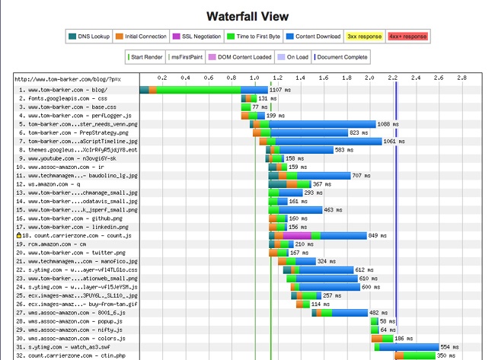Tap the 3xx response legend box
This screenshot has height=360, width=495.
pyautogui.click(x=364, y=35)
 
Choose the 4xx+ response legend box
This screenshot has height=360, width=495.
pyautogui.click(x=407, y=35)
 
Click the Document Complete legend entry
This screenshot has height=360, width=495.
pyautogui.click(x=340, y=56)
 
